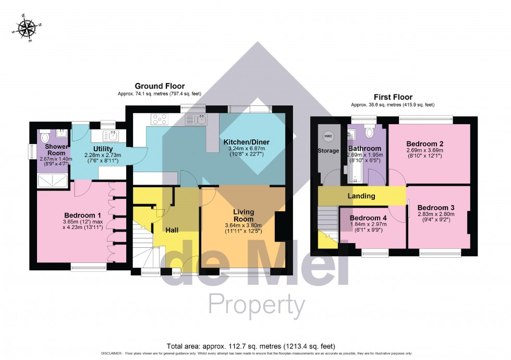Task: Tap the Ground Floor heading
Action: tap(160, 86)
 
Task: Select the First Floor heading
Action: tap(393, 97)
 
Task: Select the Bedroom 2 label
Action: tap(424, 143)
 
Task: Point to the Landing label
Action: tap(361, 196)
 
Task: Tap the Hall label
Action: tap(173, 230)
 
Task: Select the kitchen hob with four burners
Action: tap(159, 119)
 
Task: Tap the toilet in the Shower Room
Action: tap(45, 138)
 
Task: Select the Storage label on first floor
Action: tap(328, 151)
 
